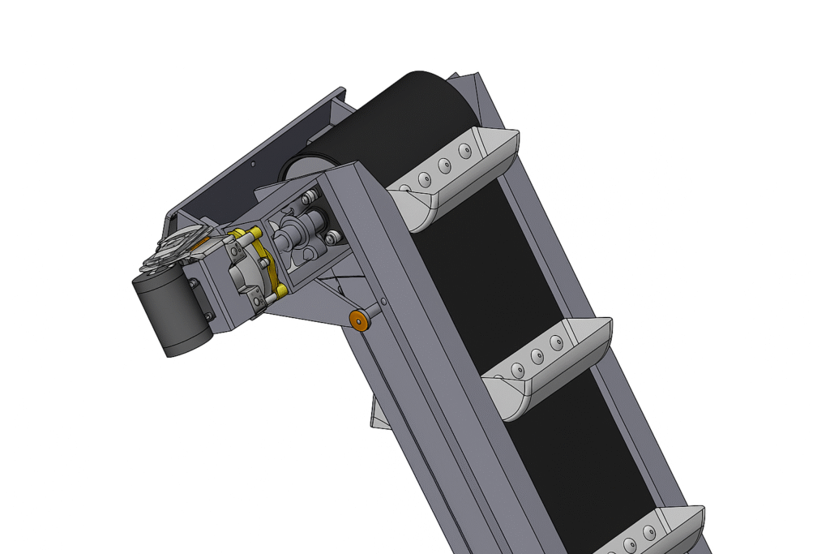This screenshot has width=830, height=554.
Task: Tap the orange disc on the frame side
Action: point(358,320)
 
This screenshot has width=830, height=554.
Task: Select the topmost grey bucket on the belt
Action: point(454,178)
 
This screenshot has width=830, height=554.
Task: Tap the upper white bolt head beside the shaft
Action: point(310,197)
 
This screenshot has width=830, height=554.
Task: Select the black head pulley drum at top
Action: point(381,122)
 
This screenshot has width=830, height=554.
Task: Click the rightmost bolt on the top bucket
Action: point(464,151)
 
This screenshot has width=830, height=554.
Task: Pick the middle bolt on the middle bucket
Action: point(536,356)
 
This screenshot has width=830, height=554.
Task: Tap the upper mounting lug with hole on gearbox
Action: point(195,283)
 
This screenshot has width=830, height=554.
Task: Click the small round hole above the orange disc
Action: point(383,302)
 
